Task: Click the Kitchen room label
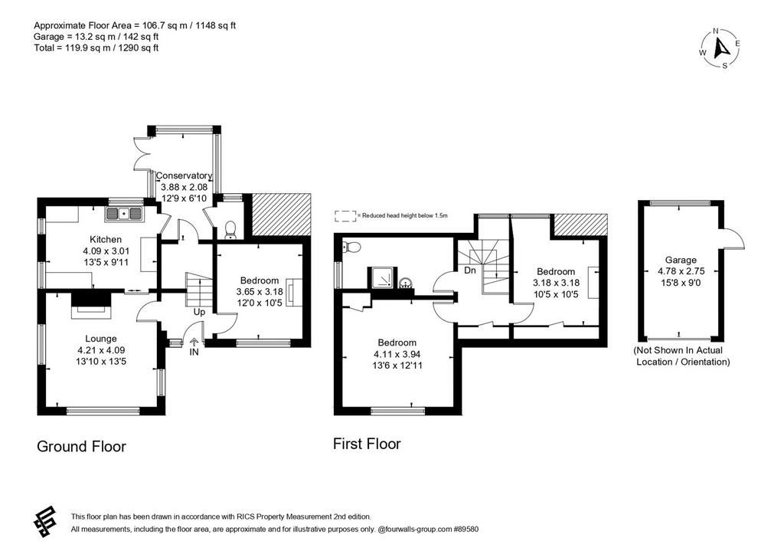pos(106,239)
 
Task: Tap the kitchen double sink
pos(124,214)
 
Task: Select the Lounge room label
pos(100,339)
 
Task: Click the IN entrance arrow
pos(194,343)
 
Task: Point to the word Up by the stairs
pos(200,313)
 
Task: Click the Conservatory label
pos(184,175)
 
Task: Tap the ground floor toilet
pos(230,230)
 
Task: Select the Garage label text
pos(681,260)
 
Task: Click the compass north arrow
pos(721,48)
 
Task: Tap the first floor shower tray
pos(381,277)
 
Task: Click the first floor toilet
pos(351,246)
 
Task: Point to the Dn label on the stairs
pos(470,270)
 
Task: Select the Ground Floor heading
pos(81,447)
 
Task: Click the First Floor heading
pos(367,444)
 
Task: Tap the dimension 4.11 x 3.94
pos(397,354)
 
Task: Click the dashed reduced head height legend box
pos(345,215)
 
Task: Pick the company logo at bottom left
pos(45,522)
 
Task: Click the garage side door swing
pos(733,238)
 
